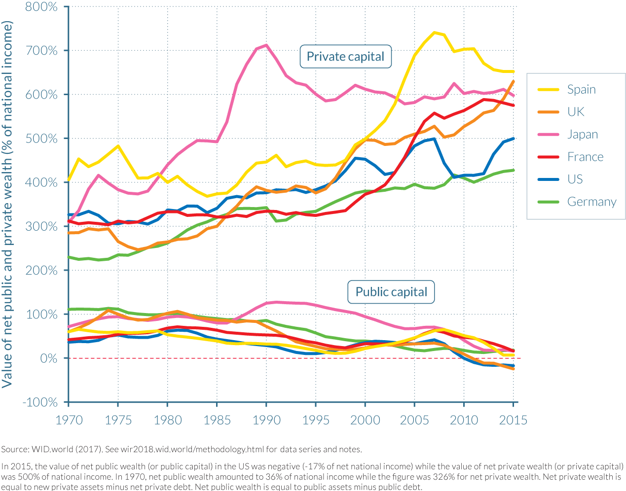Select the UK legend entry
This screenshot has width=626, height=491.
coord(575,112)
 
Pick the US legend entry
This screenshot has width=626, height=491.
coord(575,179)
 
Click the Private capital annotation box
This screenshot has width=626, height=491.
coord(345,57)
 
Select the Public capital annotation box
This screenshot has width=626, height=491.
coord(391,292)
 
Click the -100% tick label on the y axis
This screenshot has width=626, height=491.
coord(40,402)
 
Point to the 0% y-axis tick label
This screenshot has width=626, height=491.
coord(48,358)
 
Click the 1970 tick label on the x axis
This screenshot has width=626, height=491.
coord(69,420)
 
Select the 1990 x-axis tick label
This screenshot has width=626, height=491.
coord(266,420)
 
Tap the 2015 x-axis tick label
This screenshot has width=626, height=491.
coord(513,420)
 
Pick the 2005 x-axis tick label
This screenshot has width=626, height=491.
coord(414,420)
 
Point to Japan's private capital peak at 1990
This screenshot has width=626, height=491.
coord(266,45)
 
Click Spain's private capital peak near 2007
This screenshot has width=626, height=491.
coord(434,33)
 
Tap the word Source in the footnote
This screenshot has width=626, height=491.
coord(15,449)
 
